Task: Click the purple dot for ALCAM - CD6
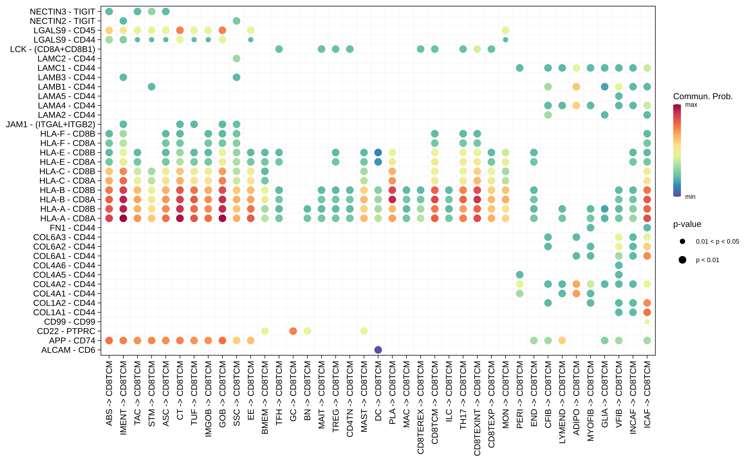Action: click(x=378, y=350)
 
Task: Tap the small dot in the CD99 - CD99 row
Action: click(x=647, y=322)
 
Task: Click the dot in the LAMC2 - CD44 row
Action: click(x=236, y=58)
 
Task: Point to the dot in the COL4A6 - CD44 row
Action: click(x=619, y=265)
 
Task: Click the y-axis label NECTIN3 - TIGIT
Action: click(x=62, y=12)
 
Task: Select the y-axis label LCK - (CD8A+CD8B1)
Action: click(x=53, y=49)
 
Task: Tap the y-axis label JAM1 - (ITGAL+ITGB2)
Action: click(x=50, y=124)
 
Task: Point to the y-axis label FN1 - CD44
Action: click(x=72, y=228)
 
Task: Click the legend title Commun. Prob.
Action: click(x=703, y=97)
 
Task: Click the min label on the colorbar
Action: click(x=690, y=197)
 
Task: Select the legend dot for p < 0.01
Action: click(x=682, y=260)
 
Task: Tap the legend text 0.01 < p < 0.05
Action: click(x=717, y=241)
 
